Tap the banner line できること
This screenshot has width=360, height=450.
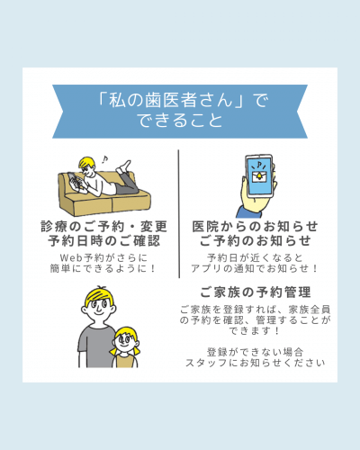[x=180, y=121]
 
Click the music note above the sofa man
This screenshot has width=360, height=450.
[x=104, y=159]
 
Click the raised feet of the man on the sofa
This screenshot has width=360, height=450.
[x=124, y=166]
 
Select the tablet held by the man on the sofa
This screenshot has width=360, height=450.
[x=74, y=181]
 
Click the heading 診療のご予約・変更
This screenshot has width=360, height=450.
[x=103, y=227]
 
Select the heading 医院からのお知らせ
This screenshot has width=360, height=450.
[x=255, y=227]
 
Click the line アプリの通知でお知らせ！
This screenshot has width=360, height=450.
[x=255, y=268]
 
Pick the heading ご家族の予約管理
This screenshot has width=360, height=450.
[x=256, y=292]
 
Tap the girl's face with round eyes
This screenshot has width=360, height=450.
[x=126, y=341]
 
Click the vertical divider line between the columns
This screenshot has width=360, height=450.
[x=179, y=213]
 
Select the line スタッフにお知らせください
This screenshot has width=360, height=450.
[x=256, y=363]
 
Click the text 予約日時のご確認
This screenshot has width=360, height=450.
[x=103, y=241]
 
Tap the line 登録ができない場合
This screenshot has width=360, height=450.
[x=255, y=352]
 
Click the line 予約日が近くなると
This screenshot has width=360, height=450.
[x=255, y=257]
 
